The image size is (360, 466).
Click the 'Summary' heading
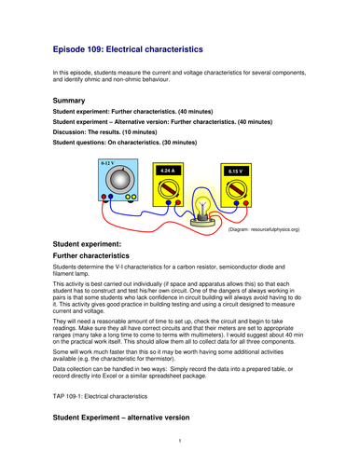[x=71, y=100]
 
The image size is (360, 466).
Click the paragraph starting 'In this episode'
[x=177, y=78]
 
